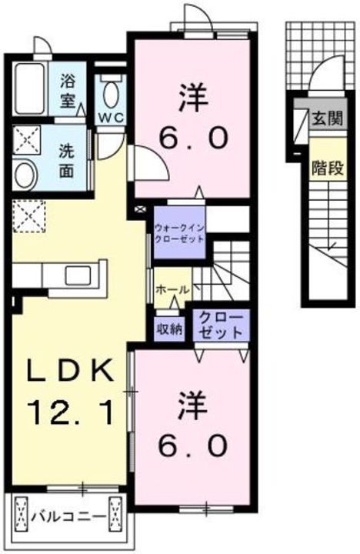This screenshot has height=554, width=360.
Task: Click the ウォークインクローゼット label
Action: [x=179, y=233]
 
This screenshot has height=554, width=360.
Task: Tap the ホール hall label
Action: [x=170, y=289]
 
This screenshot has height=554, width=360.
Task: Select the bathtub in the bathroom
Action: [x=32, y=87]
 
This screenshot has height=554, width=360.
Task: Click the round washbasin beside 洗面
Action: [x=23, y=174]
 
